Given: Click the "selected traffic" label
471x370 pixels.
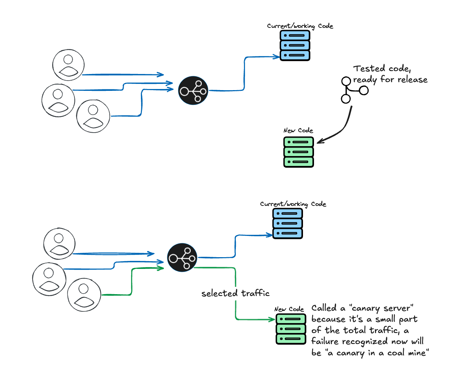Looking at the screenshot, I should coord(235,293).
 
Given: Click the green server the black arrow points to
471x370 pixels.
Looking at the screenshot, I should coord(299,152).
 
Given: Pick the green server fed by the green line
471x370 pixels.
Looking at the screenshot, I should coord(291,329).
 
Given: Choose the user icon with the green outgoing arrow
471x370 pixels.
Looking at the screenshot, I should coord(84,295).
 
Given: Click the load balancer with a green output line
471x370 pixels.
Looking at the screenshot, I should coord(182,258).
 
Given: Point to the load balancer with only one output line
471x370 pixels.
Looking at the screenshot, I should coord(193,90).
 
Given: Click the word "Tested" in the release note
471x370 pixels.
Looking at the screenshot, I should coord(369,69).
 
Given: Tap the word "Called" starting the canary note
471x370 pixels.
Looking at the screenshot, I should coord(324,308).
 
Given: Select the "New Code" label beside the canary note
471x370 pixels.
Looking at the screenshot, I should coord(289,309).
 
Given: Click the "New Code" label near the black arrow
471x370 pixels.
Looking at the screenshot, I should coord(298,130).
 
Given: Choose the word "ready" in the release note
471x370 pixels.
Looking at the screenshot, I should coord(365,80).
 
